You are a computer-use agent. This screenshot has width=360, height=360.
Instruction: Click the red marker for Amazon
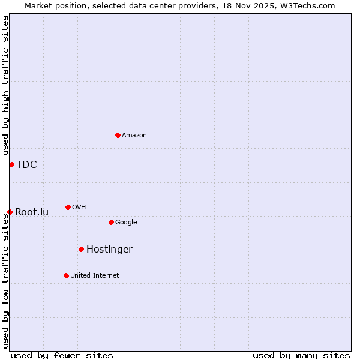point(118,135)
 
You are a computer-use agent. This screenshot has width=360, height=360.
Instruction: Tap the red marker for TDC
point(11,164)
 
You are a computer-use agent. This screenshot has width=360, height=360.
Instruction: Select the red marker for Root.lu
point(10,212)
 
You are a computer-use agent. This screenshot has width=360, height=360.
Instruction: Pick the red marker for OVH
point(68,207)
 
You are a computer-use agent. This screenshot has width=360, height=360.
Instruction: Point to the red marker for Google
point(111,222)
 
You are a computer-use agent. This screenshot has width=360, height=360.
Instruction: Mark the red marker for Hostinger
point(81,249)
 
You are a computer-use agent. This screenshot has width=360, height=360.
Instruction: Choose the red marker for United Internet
point(66,275)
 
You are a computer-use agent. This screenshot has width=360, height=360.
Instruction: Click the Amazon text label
point(134,136)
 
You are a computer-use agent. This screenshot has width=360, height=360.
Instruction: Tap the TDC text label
point(27,165)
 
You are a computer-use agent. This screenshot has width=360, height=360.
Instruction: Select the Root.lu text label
point(32,212)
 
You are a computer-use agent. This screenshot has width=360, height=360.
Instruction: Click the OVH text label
point(79,208)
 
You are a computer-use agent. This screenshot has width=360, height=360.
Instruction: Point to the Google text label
point(126,223)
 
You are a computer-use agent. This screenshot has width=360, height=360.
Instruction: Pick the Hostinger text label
point(109,250)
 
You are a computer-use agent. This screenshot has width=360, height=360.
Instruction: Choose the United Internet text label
point(95,276)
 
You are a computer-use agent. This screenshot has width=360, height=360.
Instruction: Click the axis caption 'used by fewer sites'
point(62,355)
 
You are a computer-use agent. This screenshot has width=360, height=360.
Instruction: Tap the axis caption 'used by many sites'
point(301,355)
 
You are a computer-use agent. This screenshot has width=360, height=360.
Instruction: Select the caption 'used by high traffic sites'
point(6,86)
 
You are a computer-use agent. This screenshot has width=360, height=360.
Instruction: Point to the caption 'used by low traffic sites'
point(6,281)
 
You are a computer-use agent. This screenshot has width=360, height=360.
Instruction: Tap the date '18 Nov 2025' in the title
point(239,6)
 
